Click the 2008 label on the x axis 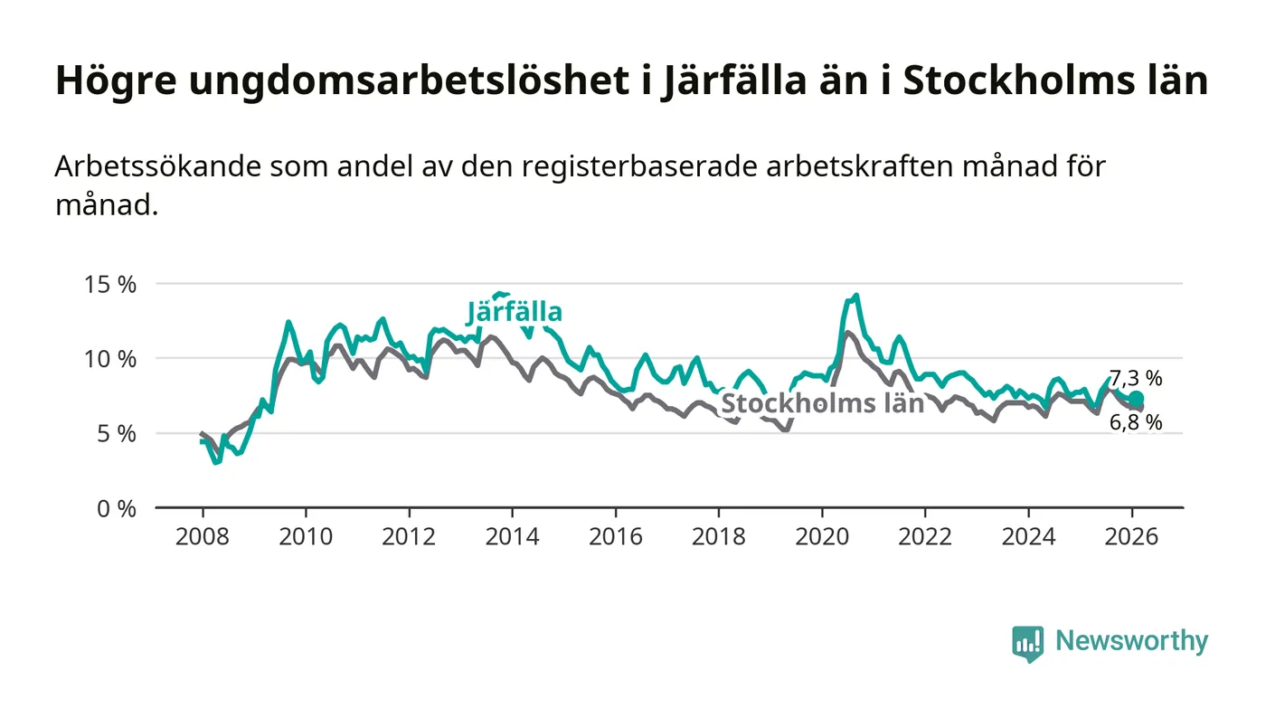[x=203, y=536]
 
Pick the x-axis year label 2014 [x=512, y=536]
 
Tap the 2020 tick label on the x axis [x=822, y=536]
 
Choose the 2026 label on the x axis [x=1131, y=536]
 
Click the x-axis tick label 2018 [x=719, y=536]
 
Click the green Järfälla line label [x=515, y=313]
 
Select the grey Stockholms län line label [x=822, y=403]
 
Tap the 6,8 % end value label [x=1136, y=422]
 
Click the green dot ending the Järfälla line [x=1137, y=399]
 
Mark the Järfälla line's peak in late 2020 [x=855, y=296]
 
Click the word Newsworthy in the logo [x=1131, y=641]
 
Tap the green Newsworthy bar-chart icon [x=1027, y=643]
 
